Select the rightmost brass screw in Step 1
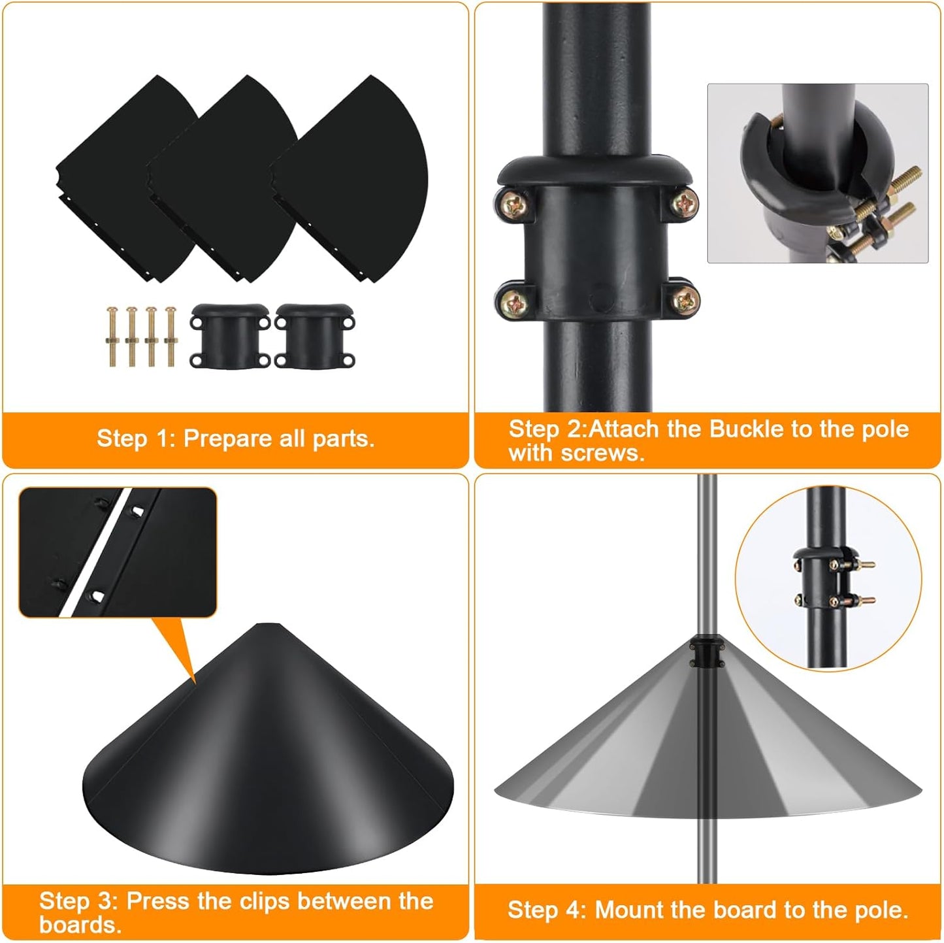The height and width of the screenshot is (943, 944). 171,336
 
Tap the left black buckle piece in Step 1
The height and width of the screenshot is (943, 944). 229,336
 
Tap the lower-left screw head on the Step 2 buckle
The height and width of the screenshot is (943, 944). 513,301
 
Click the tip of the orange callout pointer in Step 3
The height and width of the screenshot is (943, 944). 195,683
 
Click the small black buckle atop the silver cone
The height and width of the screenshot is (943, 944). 705,653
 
